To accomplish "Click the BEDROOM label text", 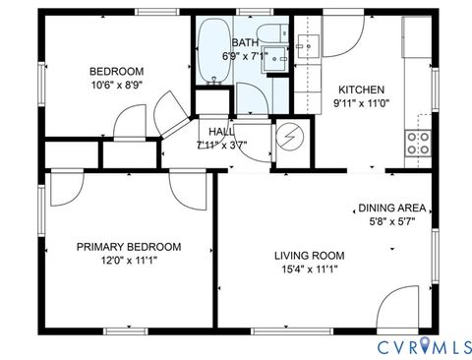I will point(117,71).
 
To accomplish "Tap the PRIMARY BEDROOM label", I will point(129,247).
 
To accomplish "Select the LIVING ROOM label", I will point(310,256).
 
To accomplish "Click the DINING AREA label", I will point(391,208).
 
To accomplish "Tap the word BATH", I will point(245,43).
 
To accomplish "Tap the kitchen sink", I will point(310,44).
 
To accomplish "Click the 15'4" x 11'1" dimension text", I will point(310,270).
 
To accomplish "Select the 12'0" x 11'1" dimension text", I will point(129,261).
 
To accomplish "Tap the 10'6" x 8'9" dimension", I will point(117,86).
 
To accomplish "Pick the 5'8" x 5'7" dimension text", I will point(391,221).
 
